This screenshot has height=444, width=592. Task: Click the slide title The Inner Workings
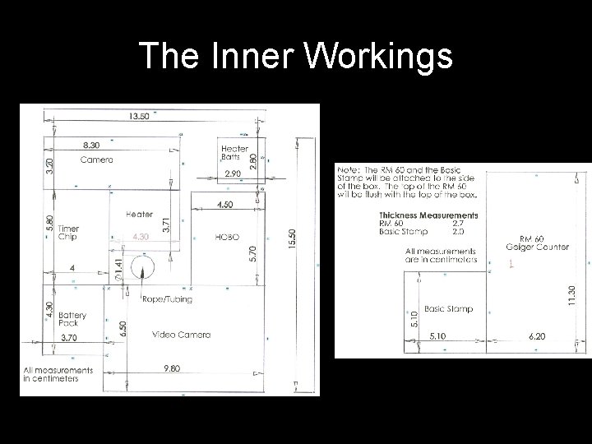(295, 56)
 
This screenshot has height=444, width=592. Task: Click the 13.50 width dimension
(139, 116)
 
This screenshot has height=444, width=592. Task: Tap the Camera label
(96, 160)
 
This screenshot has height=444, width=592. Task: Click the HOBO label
(227, 236)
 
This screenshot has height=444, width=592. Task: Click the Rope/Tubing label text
(168, 299)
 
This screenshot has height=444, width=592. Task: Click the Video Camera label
(182, 335)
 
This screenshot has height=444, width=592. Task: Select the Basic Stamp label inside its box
(448, 308)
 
